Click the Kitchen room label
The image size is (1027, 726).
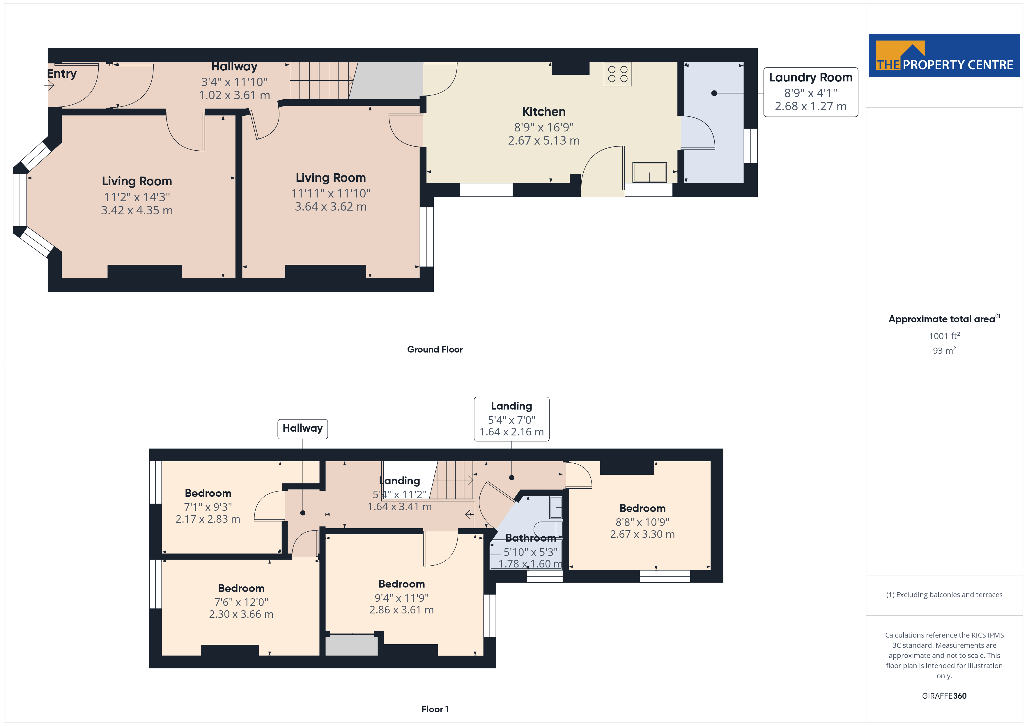pos(543,111)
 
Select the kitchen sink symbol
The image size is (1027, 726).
pos(649,172)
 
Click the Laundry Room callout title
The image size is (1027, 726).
pos(810,77)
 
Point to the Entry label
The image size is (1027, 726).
pos(62,74)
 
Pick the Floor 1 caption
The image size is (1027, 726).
pos(435,709)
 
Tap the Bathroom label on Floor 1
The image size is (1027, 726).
pos(530,538)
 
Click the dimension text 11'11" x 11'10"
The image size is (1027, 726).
pos(331,193)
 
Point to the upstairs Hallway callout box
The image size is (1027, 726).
pos(302,429)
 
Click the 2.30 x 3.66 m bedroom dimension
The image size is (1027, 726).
pos(241,614)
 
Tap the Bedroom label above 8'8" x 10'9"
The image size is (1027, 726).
pos(642,508)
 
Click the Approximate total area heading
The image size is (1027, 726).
pos(944,319)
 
